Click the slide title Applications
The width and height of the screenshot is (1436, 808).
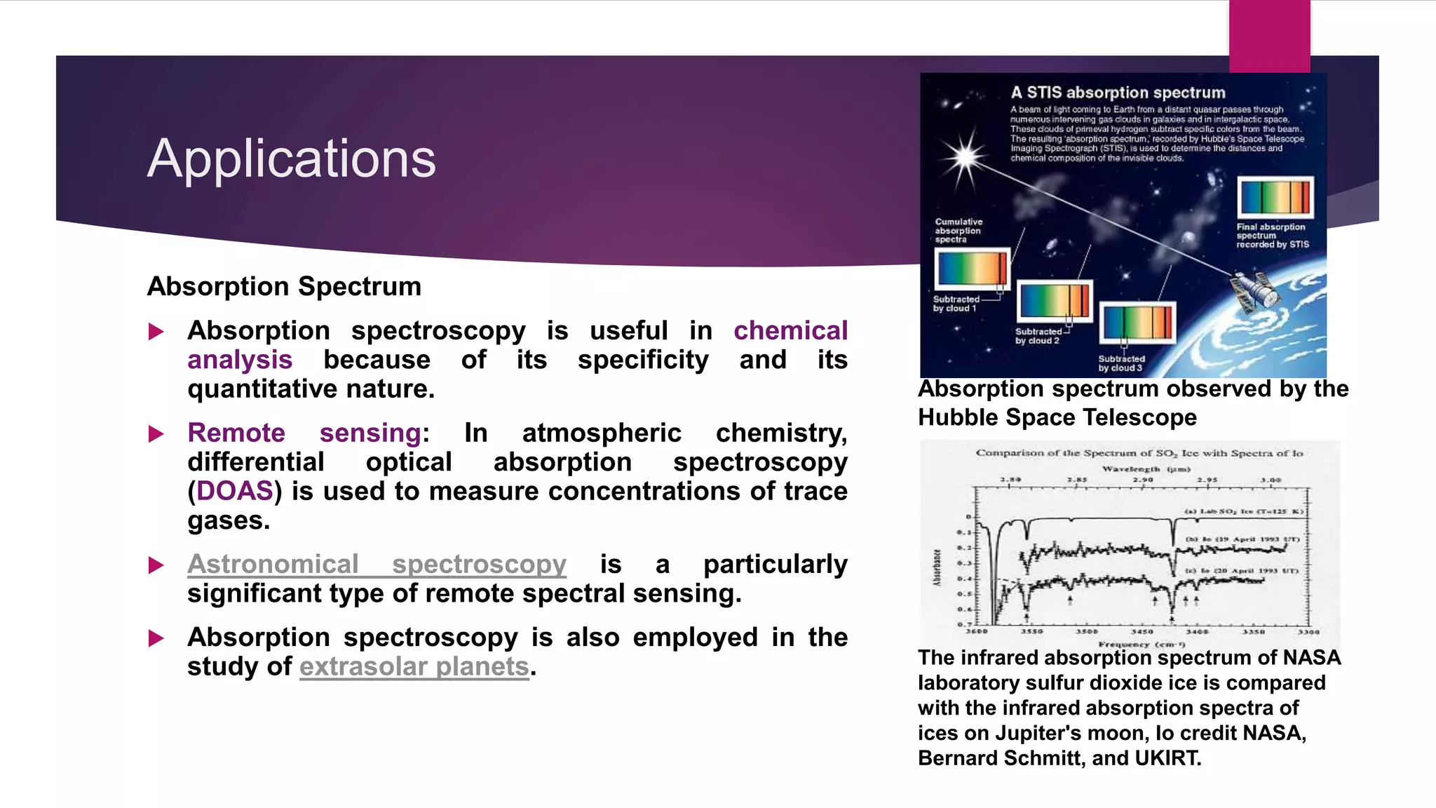tap(291, 159)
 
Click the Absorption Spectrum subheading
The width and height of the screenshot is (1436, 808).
tap(284, 286)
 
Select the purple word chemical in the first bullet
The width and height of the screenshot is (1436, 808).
tap(790, 330)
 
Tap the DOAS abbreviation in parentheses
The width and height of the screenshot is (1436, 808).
tap(234, 491)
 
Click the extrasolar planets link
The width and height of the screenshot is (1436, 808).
tap(414, 666)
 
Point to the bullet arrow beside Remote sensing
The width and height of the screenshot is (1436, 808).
tap(156, 434)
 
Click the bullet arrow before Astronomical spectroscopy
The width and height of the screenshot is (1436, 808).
tap(156, 565)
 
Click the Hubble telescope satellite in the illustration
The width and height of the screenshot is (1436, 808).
tap(1256, 292)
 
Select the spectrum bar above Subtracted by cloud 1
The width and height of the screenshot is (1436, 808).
tap(972, 268)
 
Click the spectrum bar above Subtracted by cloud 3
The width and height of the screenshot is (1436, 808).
tap(1137, 323)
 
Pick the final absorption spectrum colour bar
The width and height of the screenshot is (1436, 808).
tap(1275, 197)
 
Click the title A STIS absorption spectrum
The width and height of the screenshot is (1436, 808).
tap(1118, 93)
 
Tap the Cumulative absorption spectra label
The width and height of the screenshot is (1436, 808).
tap(958, 231)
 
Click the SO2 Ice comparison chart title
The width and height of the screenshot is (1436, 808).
tap(1139, 453)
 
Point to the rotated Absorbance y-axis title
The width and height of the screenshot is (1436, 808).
tap(937, 567)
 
